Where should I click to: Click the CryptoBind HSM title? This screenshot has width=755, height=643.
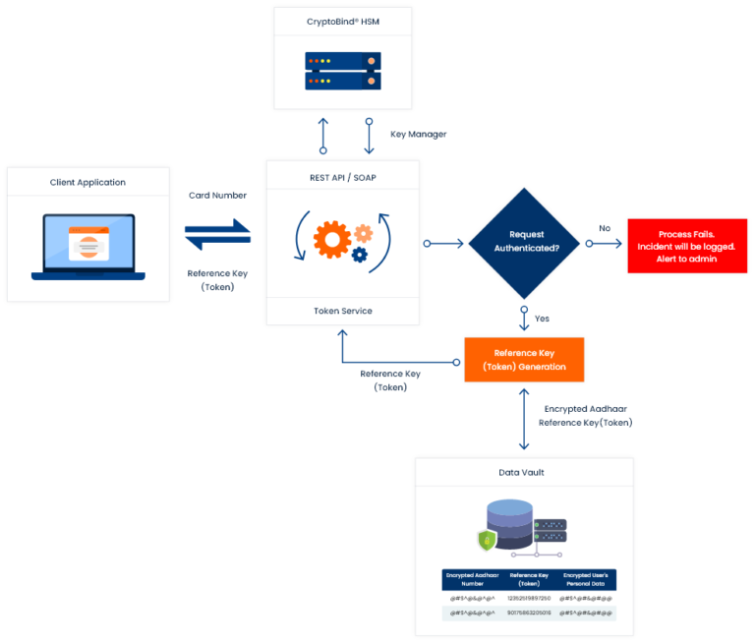pos(343,21)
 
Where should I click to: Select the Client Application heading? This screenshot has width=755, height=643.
pos(87,182)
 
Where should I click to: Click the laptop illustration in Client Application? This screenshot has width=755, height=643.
pos(87,247)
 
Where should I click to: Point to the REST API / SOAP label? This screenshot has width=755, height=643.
pos(342,177)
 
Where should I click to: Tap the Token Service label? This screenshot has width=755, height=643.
pos(342,311)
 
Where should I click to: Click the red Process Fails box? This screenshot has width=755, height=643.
pos(687,246)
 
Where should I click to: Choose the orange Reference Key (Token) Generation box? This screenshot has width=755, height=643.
pos(524,360)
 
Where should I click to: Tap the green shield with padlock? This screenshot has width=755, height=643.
pos(486,539)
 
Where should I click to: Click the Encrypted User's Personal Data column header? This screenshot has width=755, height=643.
pos(585,579)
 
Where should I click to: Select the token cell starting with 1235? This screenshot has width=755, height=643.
pos(529,598)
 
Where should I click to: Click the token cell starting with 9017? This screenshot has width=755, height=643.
pos(529,614)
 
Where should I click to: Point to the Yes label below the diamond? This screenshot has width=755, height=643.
pos(541,319)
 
